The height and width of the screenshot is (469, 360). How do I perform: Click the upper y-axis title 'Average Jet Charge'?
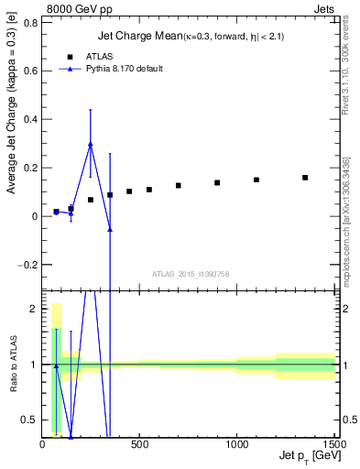pyautogui.click(x=12, y=133)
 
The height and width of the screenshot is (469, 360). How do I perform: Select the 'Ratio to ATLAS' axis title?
pyautogui.click(x=12, y=365)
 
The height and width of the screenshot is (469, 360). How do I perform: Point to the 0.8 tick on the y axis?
pyautogui.click(x=31, y=22)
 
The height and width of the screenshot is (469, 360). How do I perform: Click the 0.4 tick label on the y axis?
pyautogui.click(x=31, y=119)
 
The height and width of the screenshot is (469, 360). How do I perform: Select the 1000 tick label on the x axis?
pyautogui.click(x=237, y=444)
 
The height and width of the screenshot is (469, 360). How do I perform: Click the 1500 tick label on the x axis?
pyautogui.click(x=334, y=444)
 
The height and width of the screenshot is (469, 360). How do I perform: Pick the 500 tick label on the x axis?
pyautogui.click(x=139, y=444)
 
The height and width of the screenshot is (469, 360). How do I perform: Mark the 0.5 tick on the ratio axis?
pyautogui.click(x=31, y=420)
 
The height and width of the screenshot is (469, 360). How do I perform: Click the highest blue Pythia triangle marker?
pyautogui.click(x=90, y=144)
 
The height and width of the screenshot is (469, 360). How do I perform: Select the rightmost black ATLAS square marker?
pyautogui.click(x=305, y=178)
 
